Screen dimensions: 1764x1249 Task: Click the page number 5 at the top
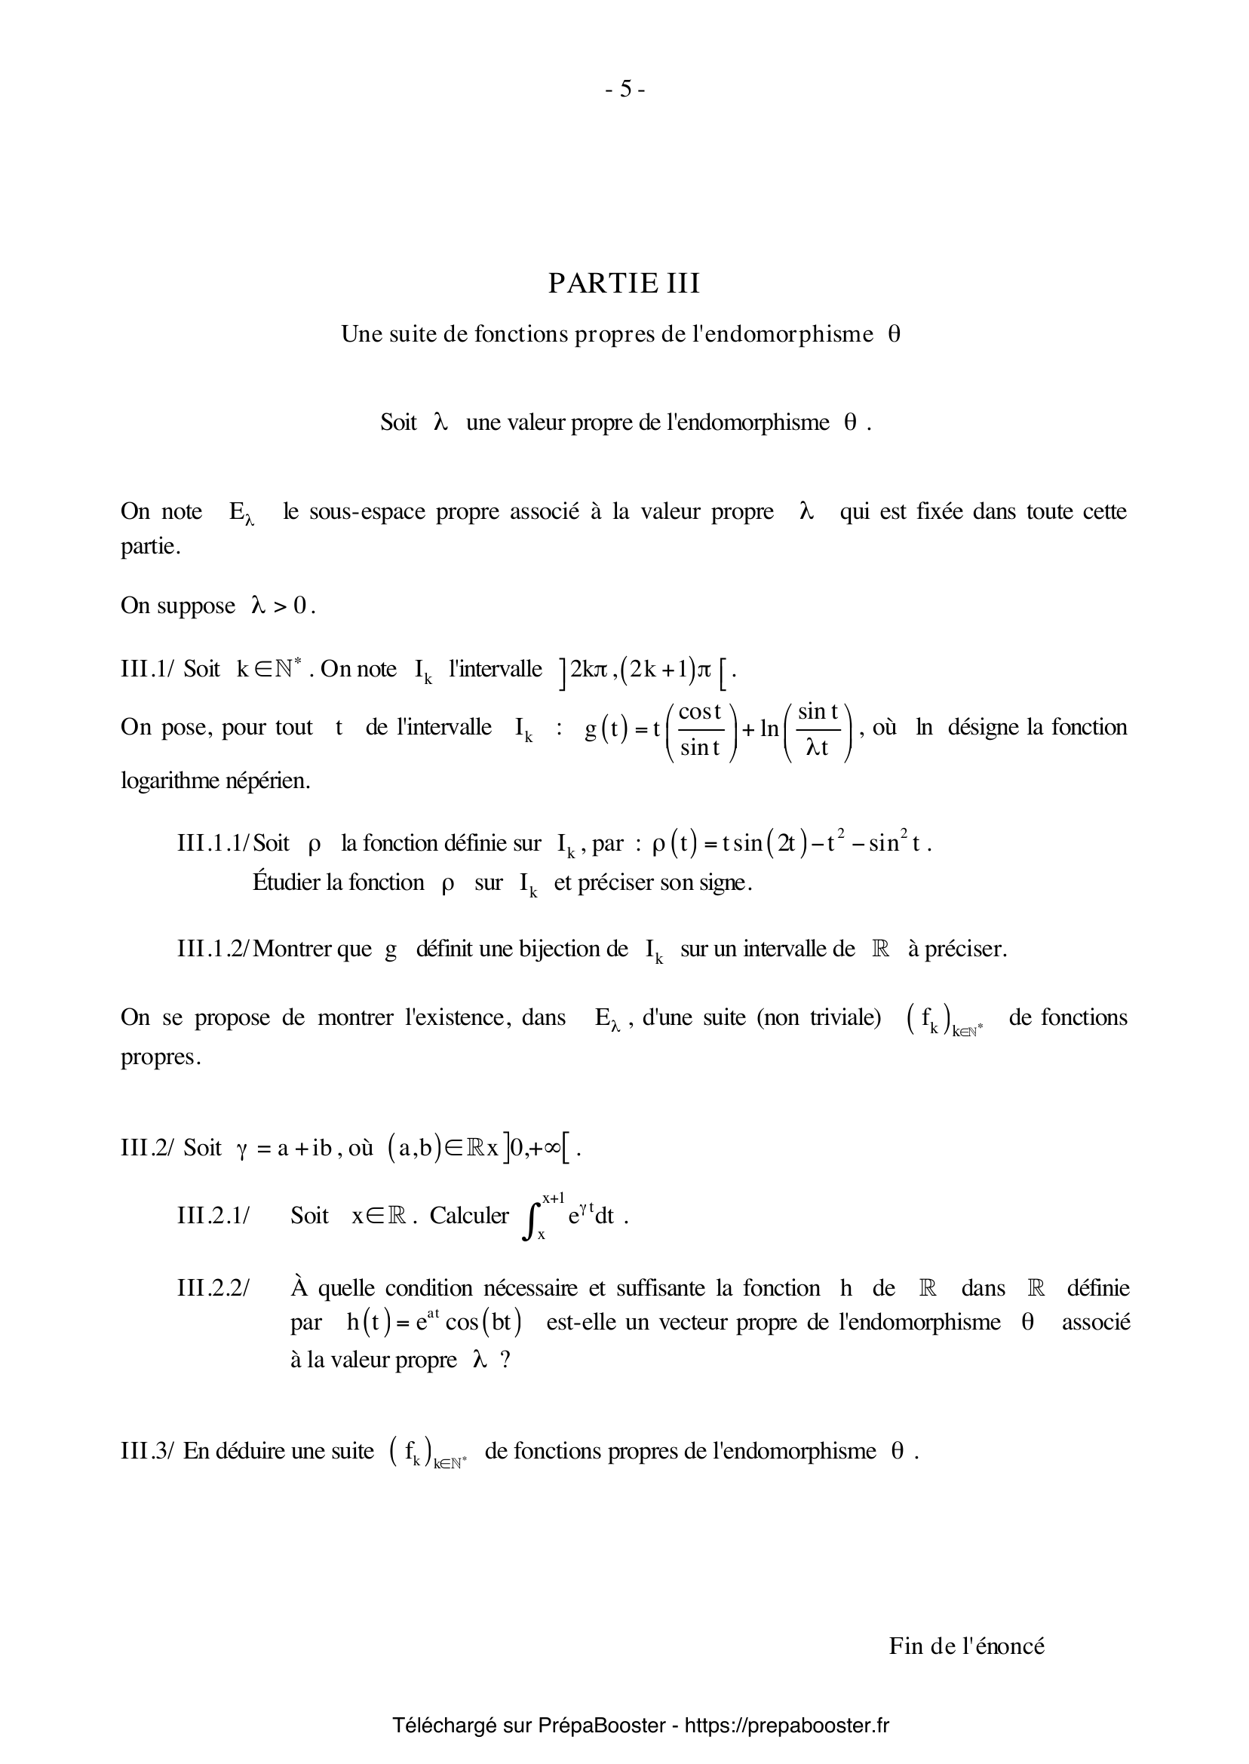624,90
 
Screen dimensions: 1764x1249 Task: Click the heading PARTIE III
624,284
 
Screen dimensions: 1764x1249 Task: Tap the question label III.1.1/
213,844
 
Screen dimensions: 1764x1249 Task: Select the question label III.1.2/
213,949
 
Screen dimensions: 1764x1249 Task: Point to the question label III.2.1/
213,1216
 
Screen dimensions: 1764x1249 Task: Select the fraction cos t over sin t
700,729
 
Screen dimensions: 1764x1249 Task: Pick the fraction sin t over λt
818,729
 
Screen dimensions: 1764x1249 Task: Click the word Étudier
290,882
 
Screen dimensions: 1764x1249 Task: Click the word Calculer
468,1216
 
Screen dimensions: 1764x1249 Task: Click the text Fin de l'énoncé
967,1646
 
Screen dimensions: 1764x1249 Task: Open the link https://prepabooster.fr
786,1726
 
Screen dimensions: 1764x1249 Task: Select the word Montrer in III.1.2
290,949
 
